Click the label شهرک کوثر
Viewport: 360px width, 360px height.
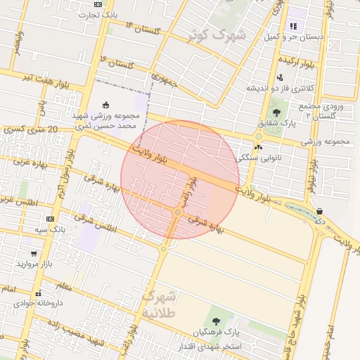[x=217, y=34]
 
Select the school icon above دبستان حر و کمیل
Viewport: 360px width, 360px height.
[x=292, y=25]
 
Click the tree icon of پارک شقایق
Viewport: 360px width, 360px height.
[x=276, y=112]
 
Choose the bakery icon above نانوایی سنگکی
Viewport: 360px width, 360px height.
[x=258, y=148]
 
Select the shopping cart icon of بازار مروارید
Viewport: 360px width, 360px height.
[x=34, y=253]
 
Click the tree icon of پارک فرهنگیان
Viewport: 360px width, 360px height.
[x=216, y=321]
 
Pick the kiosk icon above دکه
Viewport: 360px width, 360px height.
[x=320, y=210]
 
